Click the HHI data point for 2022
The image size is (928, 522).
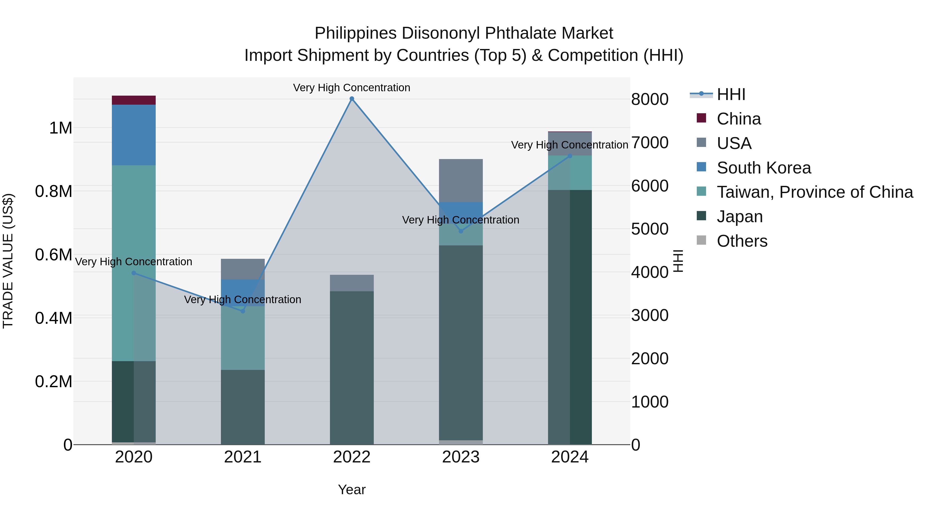(x=352, y=99)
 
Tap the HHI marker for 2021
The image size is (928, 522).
(x=243, y=311)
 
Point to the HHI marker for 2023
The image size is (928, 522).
(x=461, y=231)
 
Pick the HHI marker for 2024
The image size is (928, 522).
(x=570, y=156)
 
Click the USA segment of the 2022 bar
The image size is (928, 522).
(x=352, y=283)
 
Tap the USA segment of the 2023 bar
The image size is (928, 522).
(x=461, y=180)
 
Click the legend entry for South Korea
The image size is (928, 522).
(x=764, y=168)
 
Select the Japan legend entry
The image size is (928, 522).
(x=740, y=217)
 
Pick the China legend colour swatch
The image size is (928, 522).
(x=701, y=118)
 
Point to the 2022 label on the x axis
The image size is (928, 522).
(x=352, y=457)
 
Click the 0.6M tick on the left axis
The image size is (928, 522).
(x=53, y=255)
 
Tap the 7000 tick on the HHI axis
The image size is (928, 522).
(x=650, y=143)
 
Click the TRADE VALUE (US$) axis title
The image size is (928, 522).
(x=8, y=261)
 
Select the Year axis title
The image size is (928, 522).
(x=352, y=490)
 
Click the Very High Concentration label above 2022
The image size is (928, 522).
(x=352, y=88)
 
